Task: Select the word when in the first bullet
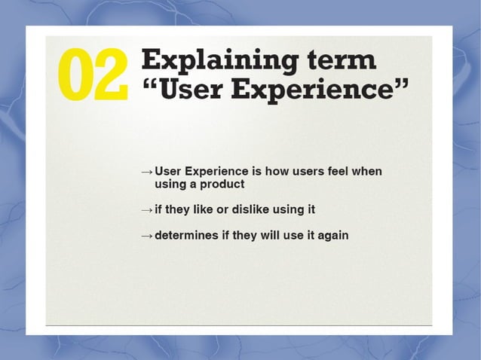(368, 171)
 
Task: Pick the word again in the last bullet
(332, 236)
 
